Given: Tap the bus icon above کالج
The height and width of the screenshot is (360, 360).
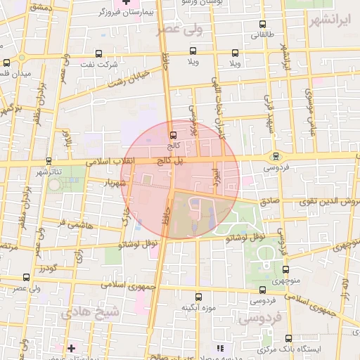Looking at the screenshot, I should click(x=173, y=134).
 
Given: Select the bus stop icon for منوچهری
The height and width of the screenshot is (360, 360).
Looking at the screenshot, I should click(x=285, y=269).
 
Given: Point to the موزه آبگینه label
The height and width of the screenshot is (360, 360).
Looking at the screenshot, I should click(x=198, y=308).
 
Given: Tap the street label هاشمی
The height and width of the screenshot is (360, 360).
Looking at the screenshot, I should click(x=80, y=225).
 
